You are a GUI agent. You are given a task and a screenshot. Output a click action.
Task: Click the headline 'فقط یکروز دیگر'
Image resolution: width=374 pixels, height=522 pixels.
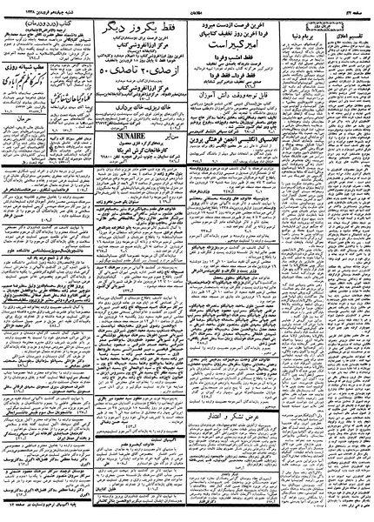point(130,28)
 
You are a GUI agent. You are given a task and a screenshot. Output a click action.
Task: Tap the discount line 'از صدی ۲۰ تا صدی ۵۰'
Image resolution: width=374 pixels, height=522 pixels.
point(130,91)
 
